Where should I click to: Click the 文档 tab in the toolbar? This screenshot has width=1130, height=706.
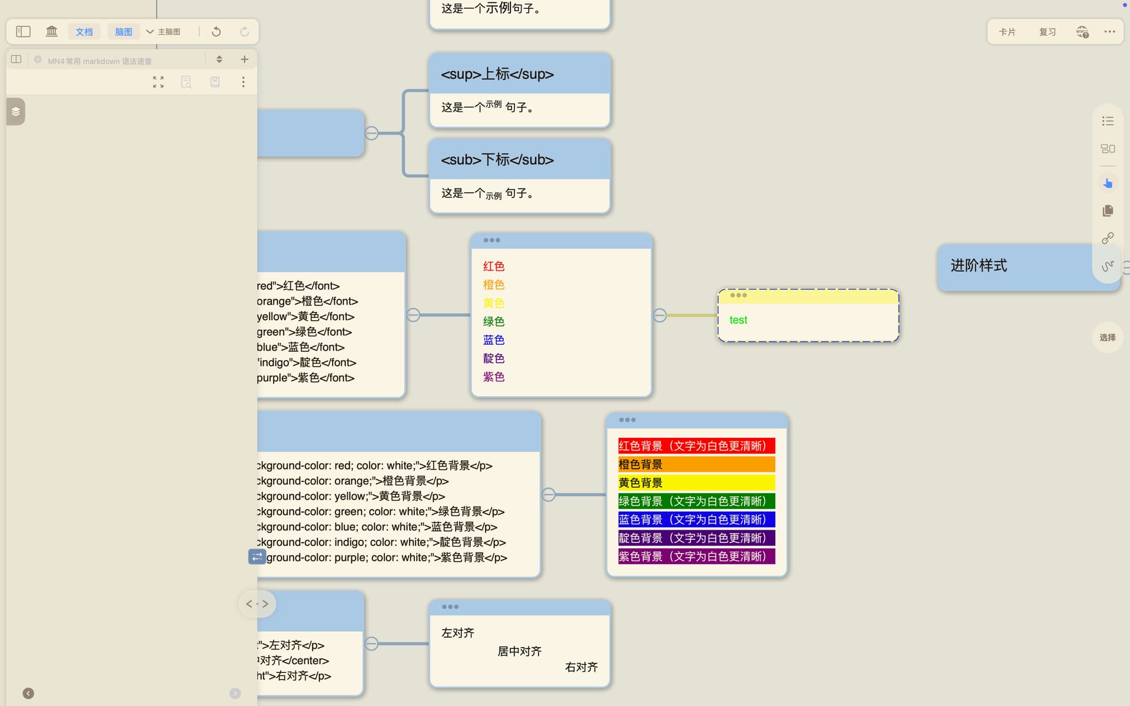coord(84,32)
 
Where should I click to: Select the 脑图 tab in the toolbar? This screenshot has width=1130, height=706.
coord(124,32)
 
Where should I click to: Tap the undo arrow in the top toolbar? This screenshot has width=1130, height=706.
coord(216,32)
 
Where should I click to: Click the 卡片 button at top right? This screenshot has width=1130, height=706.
coord(1007,32)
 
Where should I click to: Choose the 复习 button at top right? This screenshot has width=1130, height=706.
coord(1047,32)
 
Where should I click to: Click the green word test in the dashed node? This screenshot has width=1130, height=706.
coord(738,320)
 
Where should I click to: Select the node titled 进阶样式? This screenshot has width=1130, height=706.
coord(978,265)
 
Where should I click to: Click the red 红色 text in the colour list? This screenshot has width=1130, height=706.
coord(493,267)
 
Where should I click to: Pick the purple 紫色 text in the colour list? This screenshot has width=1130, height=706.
coord(493,377)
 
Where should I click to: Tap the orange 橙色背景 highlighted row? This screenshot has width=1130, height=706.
coord(696,464)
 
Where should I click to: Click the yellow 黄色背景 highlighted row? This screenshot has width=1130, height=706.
coord(696,483)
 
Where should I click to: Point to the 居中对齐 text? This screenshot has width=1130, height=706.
coord(519,651)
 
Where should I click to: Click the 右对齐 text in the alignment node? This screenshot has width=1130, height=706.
coord(581,667)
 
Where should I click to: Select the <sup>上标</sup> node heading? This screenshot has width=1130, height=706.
coord(497,74)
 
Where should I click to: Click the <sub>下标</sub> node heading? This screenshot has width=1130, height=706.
coord(497,159)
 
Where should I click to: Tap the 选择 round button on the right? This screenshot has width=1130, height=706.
coord(1107,338)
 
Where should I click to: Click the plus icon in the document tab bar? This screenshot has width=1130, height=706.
coord(244,59)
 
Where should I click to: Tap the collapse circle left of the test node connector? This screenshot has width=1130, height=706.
coord(660,315)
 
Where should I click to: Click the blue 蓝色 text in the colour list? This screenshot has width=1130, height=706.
coord(493,340)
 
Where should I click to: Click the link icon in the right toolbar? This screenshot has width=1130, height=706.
coord(1108,238)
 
